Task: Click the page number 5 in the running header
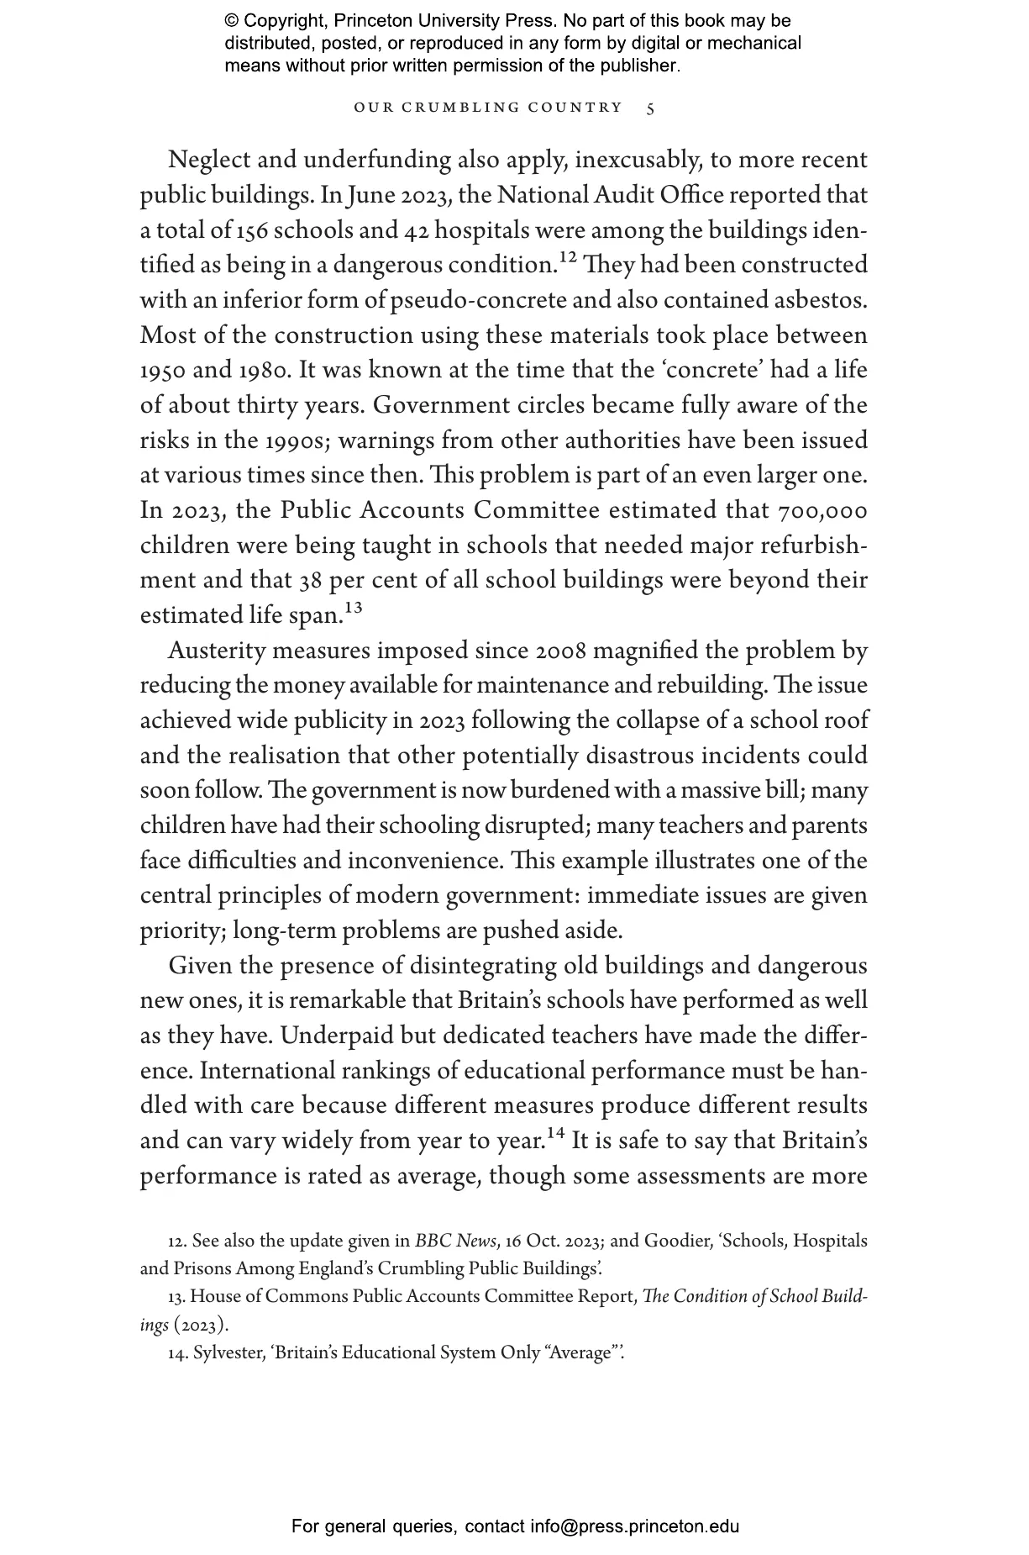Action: coord(651,108)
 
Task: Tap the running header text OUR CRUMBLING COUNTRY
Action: coord(488,108)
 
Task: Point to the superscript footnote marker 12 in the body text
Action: coord(569,258)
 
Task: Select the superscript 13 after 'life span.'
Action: coord(354,609)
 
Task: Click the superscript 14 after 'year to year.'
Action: coord(555,1134)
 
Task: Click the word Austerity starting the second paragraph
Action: coord(218,651)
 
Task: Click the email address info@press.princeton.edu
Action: coord(634,1526)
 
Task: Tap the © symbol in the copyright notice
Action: coord(232,21)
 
